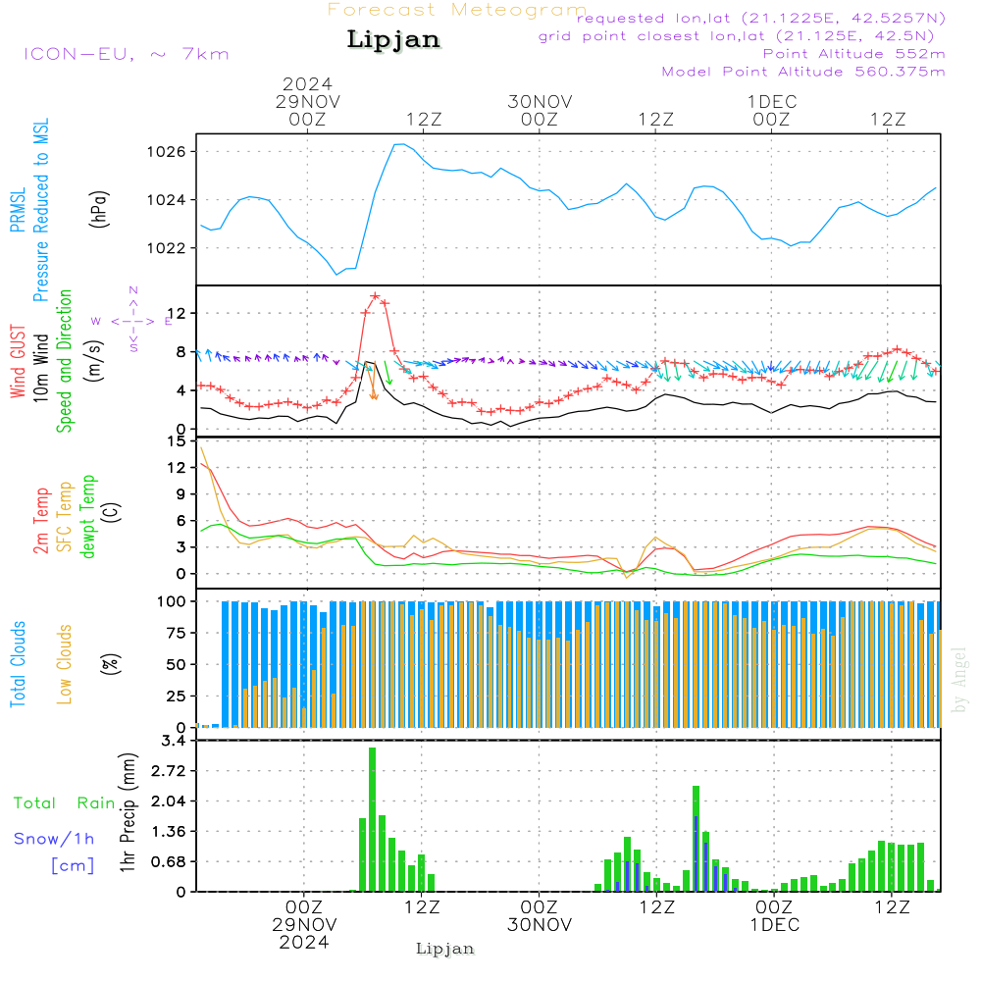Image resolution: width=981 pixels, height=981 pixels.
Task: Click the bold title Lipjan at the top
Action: coord(393,40)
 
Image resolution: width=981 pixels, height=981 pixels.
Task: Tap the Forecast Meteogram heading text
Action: coord(457,10)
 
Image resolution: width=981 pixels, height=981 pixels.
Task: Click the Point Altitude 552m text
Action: coord(853,53)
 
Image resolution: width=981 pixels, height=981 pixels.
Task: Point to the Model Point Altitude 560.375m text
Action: coord(803,72)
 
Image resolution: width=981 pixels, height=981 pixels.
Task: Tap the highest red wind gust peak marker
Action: coord(375,295)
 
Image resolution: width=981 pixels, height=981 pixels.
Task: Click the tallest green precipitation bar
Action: coord(372,819)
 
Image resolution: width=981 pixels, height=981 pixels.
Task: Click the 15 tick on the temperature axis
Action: coord(177,441)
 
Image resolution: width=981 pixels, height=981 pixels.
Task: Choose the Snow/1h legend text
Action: coord(54,839)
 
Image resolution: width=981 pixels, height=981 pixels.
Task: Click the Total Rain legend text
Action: coord(64,803)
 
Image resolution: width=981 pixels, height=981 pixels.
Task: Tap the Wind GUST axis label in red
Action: coord(18,362)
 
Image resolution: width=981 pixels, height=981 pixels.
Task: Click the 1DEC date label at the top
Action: coord(771,102)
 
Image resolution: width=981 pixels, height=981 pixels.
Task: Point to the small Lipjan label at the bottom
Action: coord(445,949)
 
